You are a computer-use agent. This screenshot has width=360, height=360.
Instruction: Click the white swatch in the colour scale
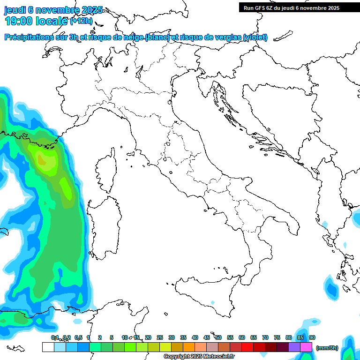tap(48, 347)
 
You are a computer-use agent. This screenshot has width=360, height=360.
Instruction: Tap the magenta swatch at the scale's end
tap(306, 347)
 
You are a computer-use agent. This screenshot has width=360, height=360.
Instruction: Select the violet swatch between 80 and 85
tap(294, 347)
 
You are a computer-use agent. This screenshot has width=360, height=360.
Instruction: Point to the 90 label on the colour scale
tap(312, 337)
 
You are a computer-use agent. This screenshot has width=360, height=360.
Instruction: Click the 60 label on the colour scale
tap(242, 337)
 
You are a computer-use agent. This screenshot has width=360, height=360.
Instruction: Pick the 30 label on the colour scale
tap(172, 337)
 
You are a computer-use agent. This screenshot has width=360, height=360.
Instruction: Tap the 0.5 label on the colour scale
tap(78, 337)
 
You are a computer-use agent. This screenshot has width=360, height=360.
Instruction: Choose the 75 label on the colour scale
tap(277, 337)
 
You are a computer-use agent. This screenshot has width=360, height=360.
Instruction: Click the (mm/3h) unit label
tap(327, 348)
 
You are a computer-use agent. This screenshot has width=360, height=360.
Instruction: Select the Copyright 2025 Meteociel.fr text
tap(199, 357)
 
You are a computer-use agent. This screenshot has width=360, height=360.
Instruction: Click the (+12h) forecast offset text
tap(81, 21)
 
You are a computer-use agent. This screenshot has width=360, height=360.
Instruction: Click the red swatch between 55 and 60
tap(236, 347)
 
